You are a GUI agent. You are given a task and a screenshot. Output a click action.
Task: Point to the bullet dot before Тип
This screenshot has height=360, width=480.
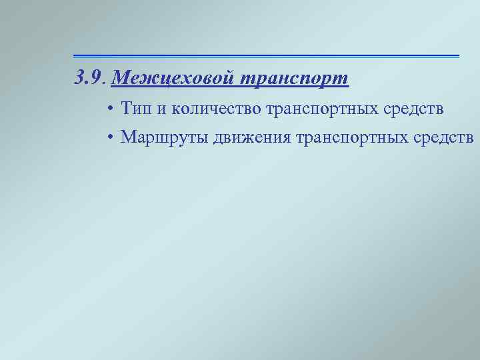tap(108, 108)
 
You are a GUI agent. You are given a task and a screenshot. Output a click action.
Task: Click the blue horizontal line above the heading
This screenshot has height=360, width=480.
tap(266, 55)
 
